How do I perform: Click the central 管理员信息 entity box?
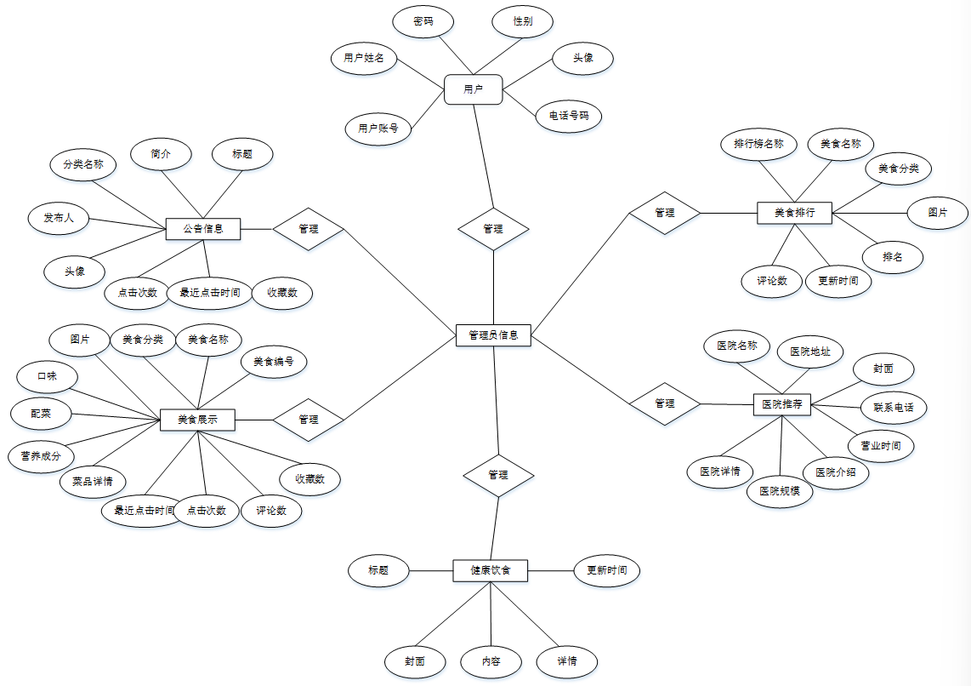493,335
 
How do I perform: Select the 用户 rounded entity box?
474,89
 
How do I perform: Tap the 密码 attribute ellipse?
423,21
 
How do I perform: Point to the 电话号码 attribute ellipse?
569,115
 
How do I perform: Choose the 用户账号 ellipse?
378,129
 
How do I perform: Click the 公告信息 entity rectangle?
203,228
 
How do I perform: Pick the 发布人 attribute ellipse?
59,219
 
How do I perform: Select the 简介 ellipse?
161,154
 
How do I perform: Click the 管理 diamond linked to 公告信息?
308,229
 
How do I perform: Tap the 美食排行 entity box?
794,212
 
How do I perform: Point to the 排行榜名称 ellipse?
764,144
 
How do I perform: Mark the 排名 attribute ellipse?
893,256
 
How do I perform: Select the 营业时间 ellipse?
881,445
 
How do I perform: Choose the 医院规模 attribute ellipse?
780,491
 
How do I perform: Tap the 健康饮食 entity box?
491,570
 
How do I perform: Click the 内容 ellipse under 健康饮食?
491,661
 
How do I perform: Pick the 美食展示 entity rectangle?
197,419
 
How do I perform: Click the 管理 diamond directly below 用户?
493,229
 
